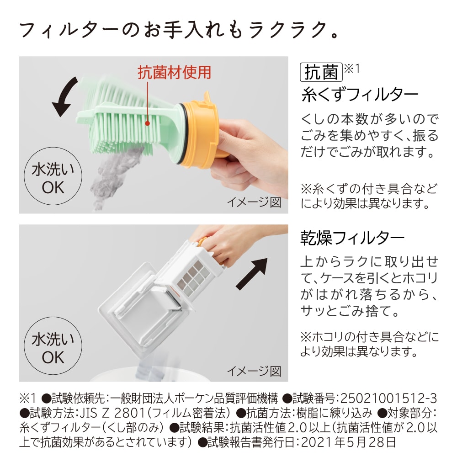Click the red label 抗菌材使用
(x=175, y=72)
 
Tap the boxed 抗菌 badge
(x=321, y=72)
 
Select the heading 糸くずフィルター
(x=360, y=95)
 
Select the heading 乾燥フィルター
(x=352, y=238)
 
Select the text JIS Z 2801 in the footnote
(x=106, y=413)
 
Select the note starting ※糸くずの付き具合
(x=369, y=195)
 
